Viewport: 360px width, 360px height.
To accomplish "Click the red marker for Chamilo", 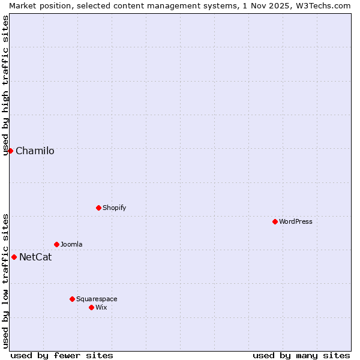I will [10, 151].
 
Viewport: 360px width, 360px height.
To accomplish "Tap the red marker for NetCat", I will [14, 257].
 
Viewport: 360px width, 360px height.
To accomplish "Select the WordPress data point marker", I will [275, 221].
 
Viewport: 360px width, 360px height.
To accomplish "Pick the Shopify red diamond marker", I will [98, 208].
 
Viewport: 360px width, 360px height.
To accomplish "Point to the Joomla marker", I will [56, 244].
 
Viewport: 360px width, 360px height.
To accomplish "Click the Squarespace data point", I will [72, 299].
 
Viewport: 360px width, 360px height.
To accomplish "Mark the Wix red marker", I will [91, 307].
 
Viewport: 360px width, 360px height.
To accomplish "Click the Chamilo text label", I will [35, 151].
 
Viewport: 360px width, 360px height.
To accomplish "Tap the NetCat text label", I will [35, 257].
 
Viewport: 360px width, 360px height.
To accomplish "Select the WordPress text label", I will [296, 221].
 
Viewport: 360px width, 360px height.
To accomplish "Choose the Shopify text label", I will [114, 208].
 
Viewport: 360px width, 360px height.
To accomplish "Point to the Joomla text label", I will [71, 244].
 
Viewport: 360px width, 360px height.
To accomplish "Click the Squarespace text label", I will [97, 299].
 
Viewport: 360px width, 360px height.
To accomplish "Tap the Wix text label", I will [101, 307].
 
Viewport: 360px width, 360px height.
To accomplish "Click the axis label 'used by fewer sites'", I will [62, 355].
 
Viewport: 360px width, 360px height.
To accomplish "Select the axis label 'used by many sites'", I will [301, 355].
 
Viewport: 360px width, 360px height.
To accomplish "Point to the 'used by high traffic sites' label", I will [6, 85].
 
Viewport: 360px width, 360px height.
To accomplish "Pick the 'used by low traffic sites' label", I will [6, 280].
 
